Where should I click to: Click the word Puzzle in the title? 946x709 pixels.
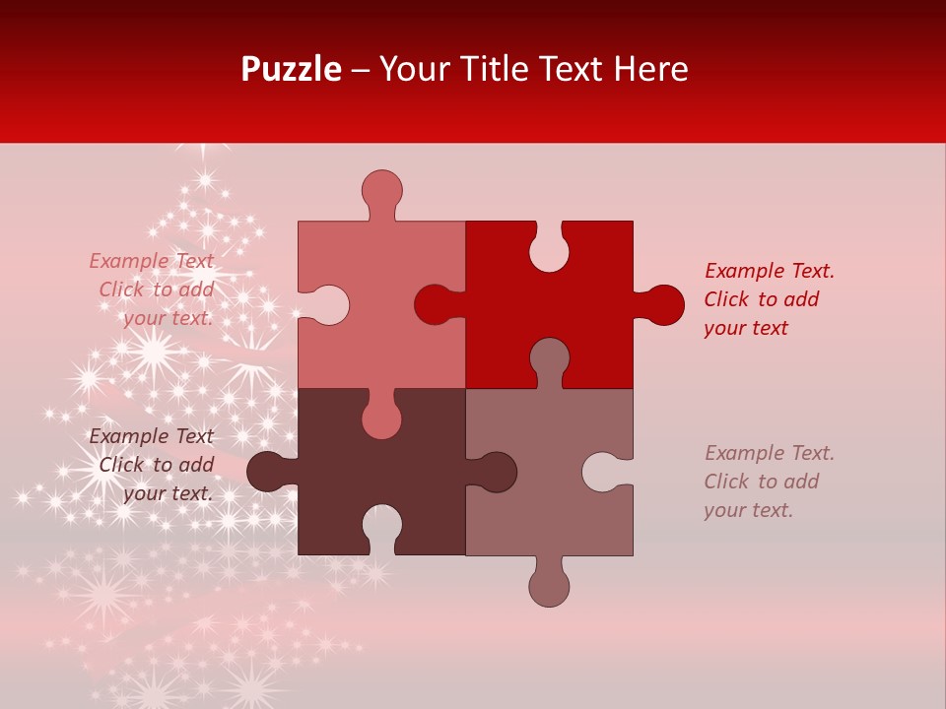[291, 69]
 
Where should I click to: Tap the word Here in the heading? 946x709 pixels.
[650, 69]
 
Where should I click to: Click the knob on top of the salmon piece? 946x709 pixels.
[381, 190]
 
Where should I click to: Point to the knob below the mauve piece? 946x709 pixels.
[549, 586]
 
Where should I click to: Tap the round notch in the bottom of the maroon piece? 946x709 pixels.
[381, 526]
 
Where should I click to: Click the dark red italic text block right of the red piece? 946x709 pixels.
[769, 299]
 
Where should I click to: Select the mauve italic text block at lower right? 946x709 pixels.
[769, 482]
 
